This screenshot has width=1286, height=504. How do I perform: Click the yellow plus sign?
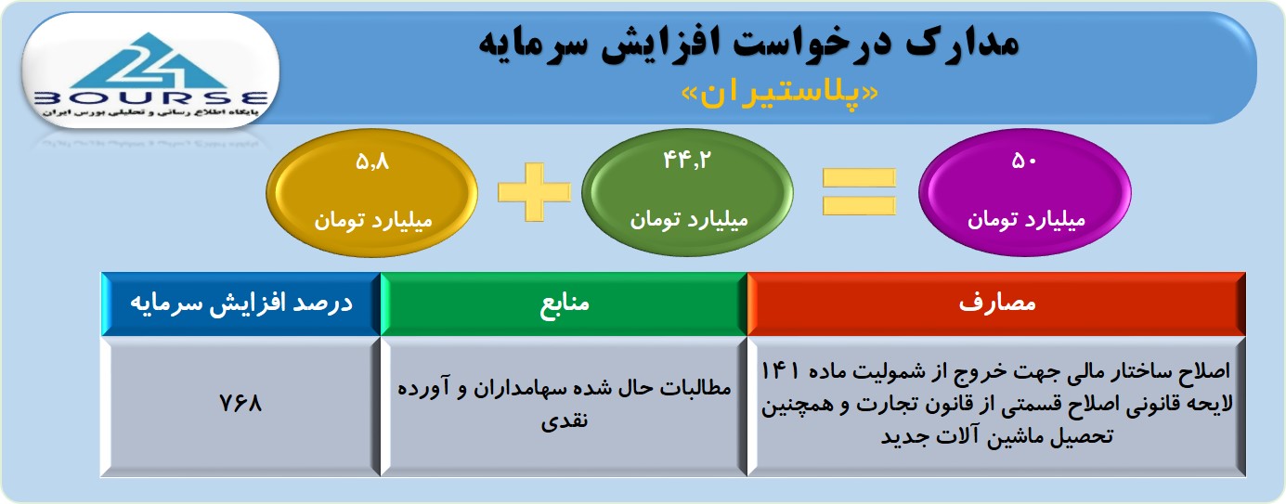(x=535, y=192)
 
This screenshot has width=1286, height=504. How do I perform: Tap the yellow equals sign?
(x=859, y=192)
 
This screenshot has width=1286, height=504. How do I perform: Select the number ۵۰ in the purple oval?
(x=1025, y=162)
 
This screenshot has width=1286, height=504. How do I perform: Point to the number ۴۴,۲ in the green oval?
(x=686, y=161)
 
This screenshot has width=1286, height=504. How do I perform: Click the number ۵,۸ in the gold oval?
(x=372, y=162)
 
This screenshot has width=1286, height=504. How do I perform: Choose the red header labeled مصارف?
(x=996, y=304)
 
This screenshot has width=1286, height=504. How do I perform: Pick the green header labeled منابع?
(x=564, y=304)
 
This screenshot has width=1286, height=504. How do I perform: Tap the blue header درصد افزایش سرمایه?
(x=241, y=304)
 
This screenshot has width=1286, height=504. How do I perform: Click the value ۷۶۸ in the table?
(x=240, y=403)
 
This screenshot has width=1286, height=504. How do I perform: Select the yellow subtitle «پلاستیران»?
(x=780, y=95)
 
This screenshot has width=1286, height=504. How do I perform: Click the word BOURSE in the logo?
(x=151, y=98)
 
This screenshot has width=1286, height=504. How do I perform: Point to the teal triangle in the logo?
(x=150, y=61)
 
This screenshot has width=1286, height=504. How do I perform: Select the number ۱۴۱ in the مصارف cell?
(x=780, y=371)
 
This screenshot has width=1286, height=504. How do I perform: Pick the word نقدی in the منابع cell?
(x=565, y=420)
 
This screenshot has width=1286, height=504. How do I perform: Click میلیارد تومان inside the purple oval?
(x=1026, y=220)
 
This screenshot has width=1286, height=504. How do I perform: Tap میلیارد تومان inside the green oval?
(x=689, y=220)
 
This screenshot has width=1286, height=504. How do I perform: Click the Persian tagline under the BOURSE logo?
(x=150, y=112)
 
